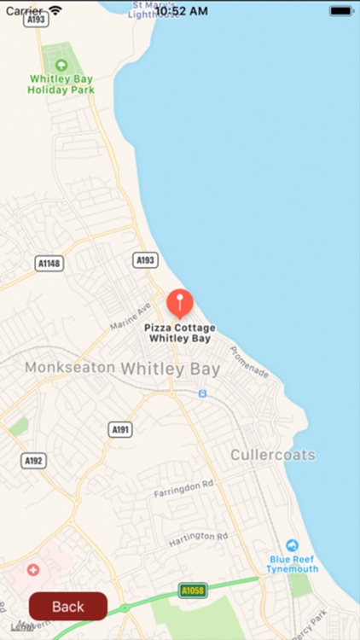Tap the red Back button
pos(68,606)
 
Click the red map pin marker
pos(179,303)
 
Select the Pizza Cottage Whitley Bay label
pos(179,333)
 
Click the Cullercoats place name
pos(272,455)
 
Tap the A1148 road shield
pos(49,264)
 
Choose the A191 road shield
pos(120,429)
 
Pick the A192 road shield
pos(33,461)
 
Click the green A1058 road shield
pos(193,590)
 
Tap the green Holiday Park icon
pos(61,65)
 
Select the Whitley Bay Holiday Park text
pos(61,84)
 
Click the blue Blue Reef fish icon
pos(293,545)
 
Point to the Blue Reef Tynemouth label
pos(293,564)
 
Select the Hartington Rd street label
pos(198,538)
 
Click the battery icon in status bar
pos(340,11)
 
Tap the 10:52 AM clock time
pos(180,11)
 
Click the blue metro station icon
pos(202,393)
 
